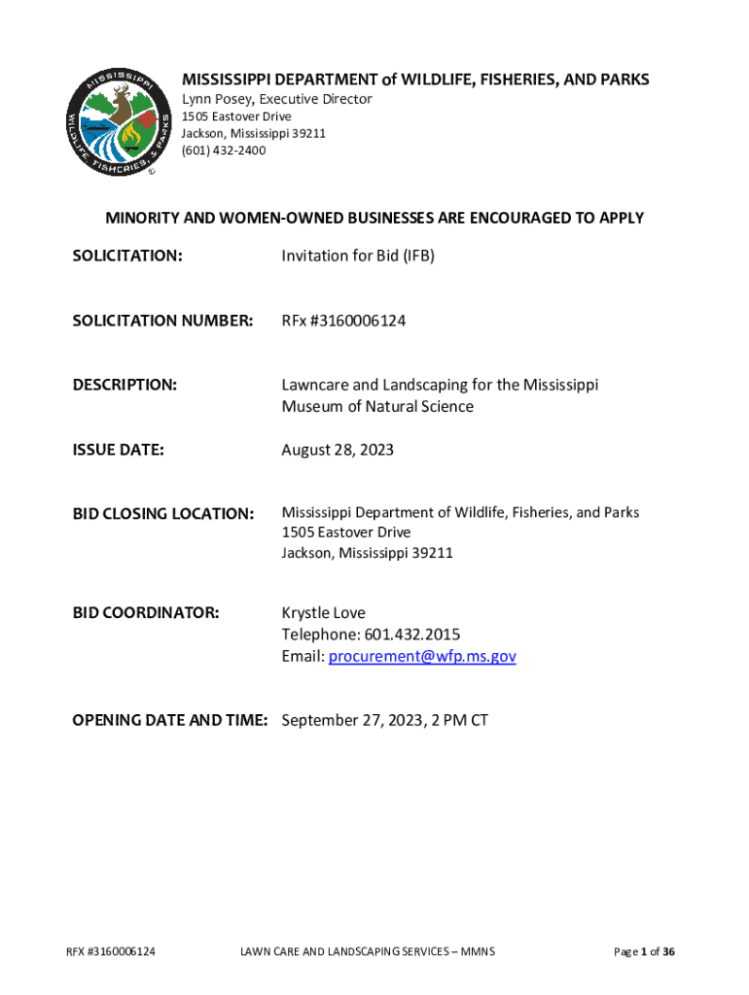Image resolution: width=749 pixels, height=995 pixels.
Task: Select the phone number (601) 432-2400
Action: pyautogui.click(x=224, y=151)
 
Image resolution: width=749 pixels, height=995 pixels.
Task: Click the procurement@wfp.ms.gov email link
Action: pyautogui.click(x=422, y=656)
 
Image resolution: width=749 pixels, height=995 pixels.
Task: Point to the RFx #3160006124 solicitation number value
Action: pyautogui.click(x=343, y=321)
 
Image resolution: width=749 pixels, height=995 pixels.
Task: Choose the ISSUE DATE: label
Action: pyautogui.click(x=119, y=450)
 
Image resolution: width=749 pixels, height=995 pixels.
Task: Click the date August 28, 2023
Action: pyautogui.click(x=338, y=450)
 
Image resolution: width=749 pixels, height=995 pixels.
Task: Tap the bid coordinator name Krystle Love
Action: pyautogui.click(x=324, y=613)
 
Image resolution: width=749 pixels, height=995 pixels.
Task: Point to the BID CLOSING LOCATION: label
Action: pyautogui.click(x=163, y=513)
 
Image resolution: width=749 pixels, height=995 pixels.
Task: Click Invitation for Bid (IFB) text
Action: pyautogui.click(x=358, y=256)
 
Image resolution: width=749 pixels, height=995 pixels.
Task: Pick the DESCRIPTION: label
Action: pyautogui.click(x=125, y=385)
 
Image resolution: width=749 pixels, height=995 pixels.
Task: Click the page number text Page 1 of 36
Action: pyautogui.click(x=644, y=951)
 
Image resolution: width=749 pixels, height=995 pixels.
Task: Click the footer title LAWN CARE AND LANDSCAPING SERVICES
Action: pyautogui.click(x=349, y=951)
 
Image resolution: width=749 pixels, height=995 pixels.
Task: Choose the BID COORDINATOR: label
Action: pyautogui.click(x=146, y=613)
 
